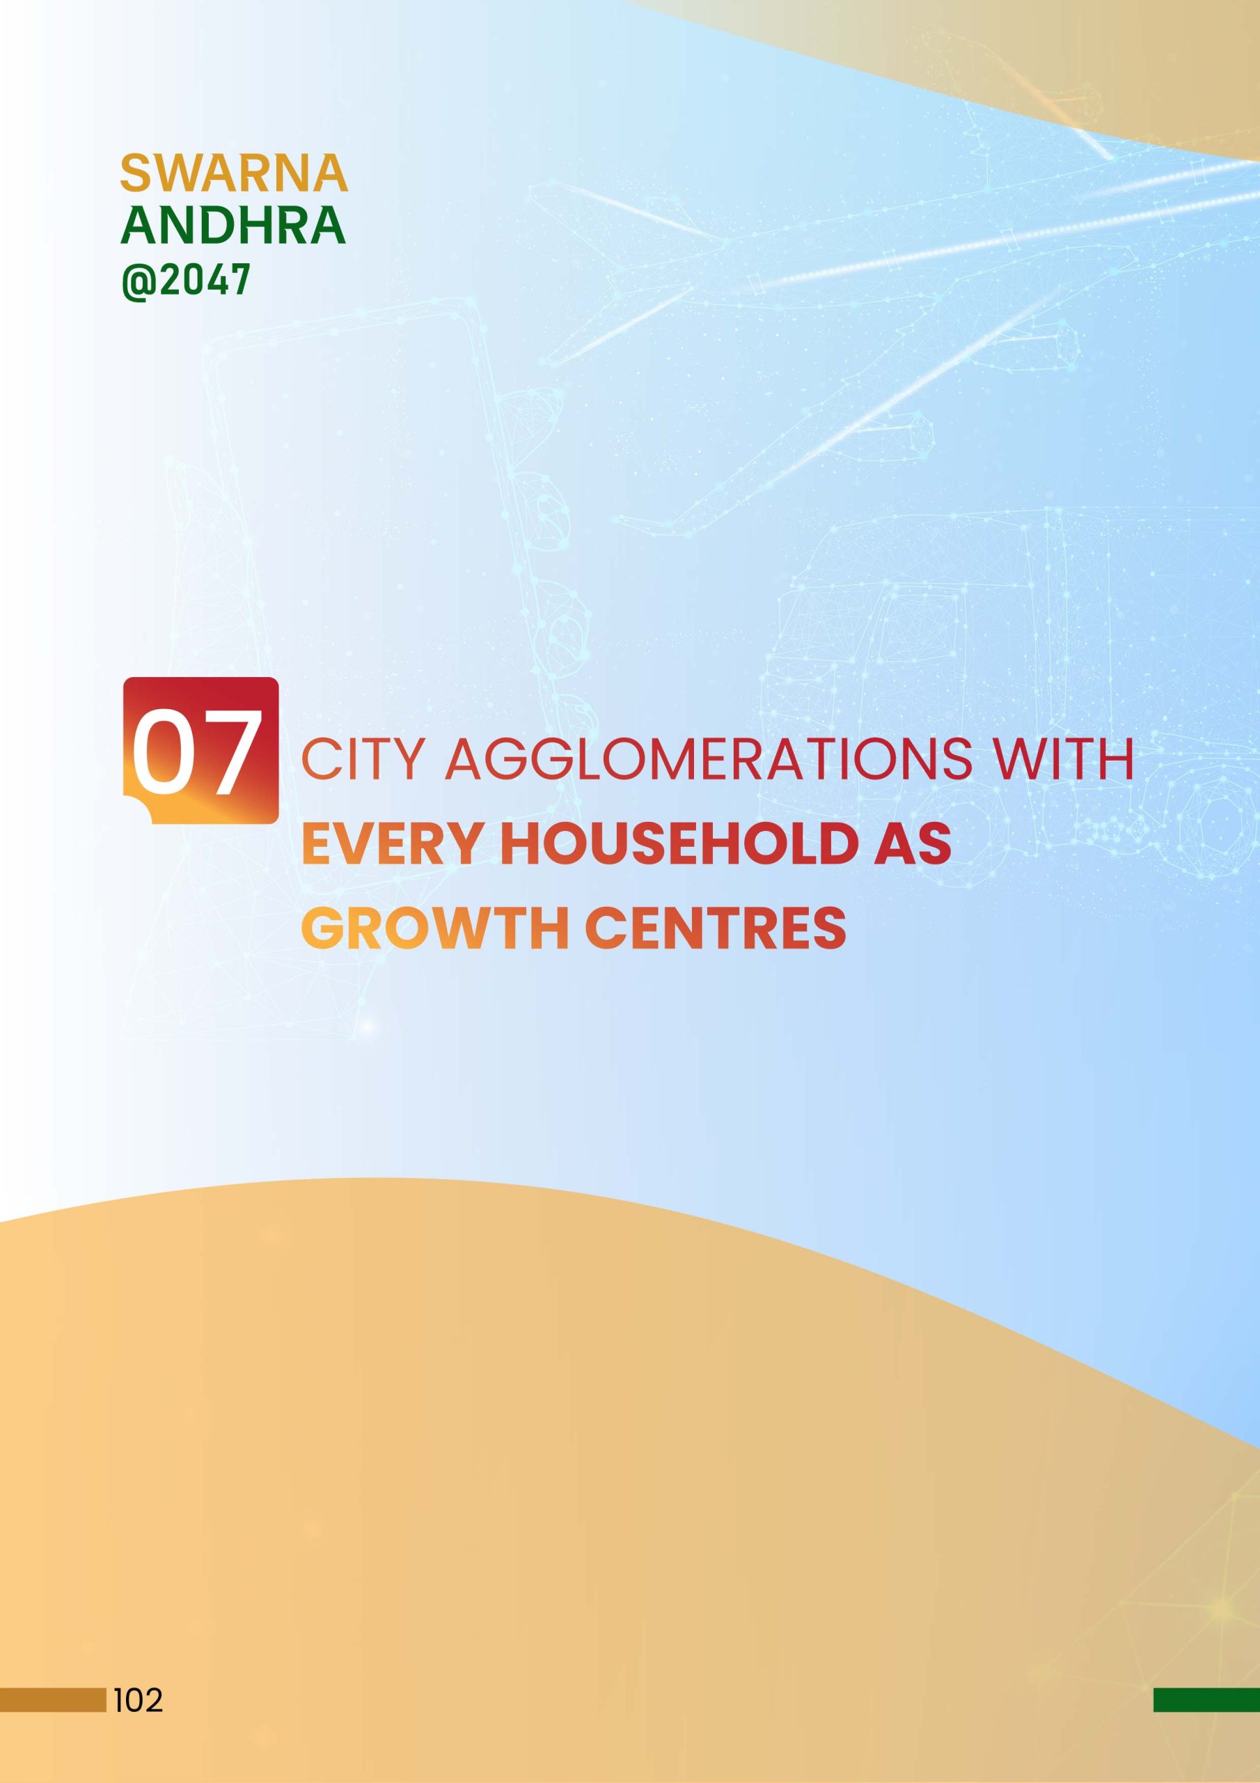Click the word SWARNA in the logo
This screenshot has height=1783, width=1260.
(x=234, y=173)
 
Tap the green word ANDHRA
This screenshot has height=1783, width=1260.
(x=233, y=225)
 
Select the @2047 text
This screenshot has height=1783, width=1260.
(x=186, y=279)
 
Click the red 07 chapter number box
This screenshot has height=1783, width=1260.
(x=200, y=750)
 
